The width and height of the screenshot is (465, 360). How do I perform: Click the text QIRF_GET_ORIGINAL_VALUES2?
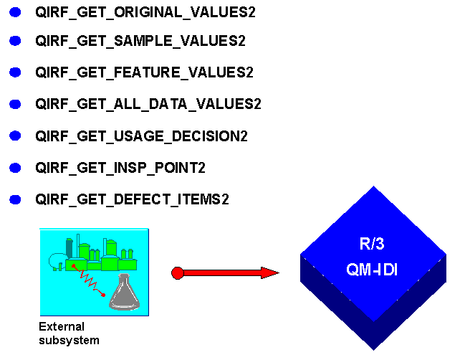145,12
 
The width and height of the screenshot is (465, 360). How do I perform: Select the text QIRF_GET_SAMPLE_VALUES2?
140,41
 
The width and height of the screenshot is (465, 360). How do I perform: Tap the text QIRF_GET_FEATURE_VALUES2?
144,72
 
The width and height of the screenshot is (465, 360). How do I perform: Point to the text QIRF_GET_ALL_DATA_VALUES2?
148,104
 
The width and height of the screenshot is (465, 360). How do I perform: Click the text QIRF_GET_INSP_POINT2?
120,168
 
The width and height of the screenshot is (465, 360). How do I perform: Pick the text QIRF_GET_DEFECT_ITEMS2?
132,199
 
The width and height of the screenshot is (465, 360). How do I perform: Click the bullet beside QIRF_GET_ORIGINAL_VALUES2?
16,12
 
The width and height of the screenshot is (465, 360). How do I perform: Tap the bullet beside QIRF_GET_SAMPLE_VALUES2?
16,41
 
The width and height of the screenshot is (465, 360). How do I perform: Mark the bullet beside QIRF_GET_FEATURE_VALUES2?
16,72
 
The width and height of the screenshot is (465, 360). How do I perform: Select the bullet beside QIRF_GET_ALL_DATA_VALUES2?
16,104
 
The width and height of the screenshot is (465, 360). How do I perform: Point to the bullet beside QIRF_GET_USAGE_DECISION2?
16,136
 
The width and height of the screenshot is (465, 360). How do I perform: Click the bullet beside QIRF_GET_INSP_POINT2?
16,168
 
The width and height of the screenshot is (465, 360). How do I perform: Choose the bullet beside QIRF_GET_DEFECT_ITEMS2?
16,199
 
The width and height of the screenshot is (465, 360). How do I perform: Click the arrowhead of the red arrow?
269,273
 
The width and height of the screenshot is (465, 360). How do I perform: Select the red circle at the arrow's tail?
178,273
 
